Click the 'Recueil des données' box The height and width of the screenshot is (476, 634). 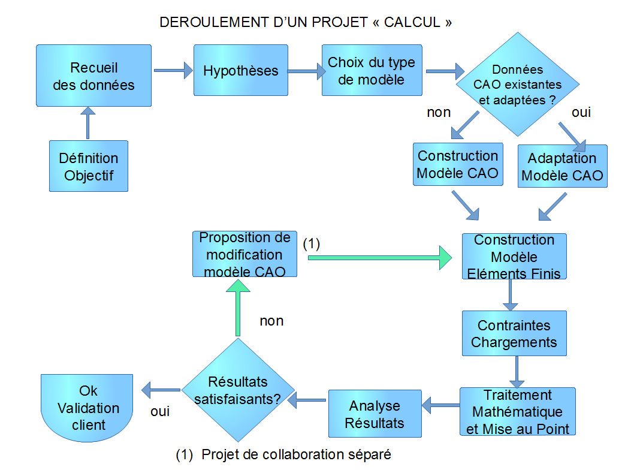pyautogui.click(x=93, y=76)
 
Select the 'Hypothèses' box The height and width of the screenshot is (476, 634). pyautogui.click(x=241, y=71)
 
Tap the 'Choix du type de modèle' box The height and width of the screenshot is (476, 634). pyautogui.click(x=372, y=71)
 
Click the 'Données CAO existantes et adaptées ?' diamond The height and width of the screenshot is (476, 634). pyautogui.click(x=517, y=85)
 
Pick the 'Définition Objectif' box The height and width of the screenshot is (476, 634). pyautogui.click(x=89, y=167)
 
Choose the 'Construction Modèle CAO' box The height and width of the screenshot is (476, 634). pyautogui.click(x=458, y=165)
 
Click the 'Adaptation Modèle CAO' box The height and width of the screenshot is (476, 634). pyautogui.click(x=562, y=167)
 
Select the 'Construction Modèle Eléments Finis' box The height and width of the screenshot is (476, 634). pyautogui.click(x=514, y=257)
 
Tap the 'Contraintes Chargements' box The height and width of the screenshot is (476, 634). pyautogui.click(x=514, y=334)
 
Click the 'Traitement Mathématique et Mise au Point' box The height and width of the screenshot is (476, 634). pyautogui.click(x=517, y=412)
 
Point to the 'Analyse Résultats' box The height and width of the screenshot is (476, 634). pyautogui.click(x=376, y=414)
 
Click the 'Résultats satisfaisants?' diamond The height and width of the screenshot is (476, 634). pyautogui.click(x=238, y=390)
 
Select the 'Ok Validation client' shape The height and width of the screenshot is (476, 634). pyautogui.click(x=88, y=407)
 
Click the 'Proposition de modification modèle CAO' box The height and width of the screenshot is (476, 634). pyautogui.click(x=244, y=254)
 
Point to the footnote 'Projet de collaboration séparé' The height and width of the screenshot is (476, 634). pyautogui.click(x=296, y=454)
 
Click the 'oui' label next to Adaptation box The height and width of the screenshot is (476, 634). pyautogui.click(x=581, y=112)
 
